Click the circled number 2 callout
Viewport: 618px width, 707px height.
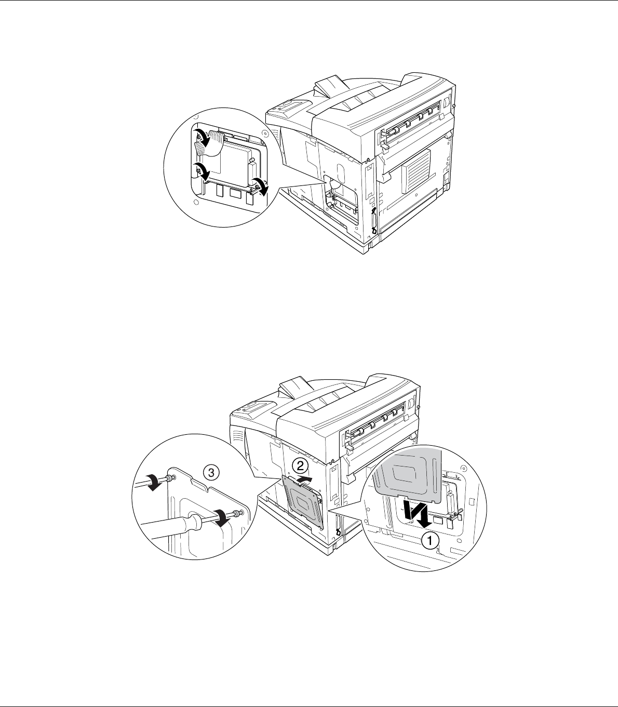click(301, 466)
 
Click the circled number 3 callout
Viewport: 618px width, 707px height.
click(211, 473)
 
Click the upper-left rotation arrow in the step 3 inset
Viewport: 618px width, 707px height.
click(154, 482)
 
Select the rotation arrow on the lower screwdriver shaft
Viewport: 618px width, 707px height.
click(221, 518)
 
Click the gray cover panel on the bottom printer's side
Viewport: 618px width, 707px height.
click(303, 502)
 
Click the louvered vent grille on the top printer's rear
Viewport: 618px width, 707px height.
click(417, 171)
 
